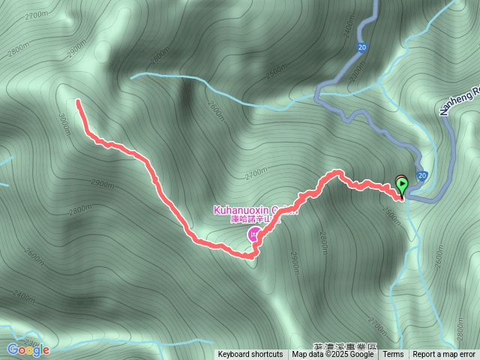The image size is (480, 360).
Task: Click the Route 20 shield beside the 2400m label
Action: pos(361,48)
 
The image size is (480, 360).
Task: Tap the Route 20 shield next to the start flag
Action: pos(423,175)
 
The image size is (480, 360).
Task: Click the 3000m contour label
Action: pos(64,119)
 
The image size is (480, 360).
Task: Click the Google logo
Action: pos(28,349)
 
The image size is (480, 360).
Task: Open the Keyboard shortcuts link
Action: pos(250,355)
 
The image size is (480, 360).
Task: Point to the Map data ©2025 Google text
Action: pos(332,355)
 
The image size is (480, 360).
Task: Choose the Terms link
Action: pos(393,355)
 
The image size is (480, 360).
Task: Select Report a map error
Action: pos(444,355)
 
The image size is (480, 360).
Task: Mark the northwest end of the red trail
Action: pos(78,100)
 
